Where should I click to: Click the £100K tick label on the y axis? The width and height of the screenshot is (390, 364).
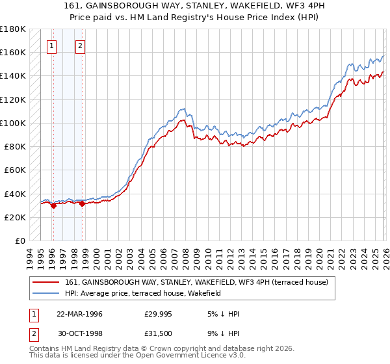12,123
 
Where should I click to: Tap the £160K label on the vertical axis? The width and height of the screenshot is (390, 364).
12,52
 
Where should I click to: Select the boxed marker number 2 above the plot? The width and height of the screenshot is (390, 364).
80,46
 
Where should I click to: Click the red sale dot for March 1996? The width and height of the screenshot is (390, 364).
53,205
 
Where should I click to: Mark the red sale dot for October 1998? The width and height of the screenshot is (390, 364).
83,203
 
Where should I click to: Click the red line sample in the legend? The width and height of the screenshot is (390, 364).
47,282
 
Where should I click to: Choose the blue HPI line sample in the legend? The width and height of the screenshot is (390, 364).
47,293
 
